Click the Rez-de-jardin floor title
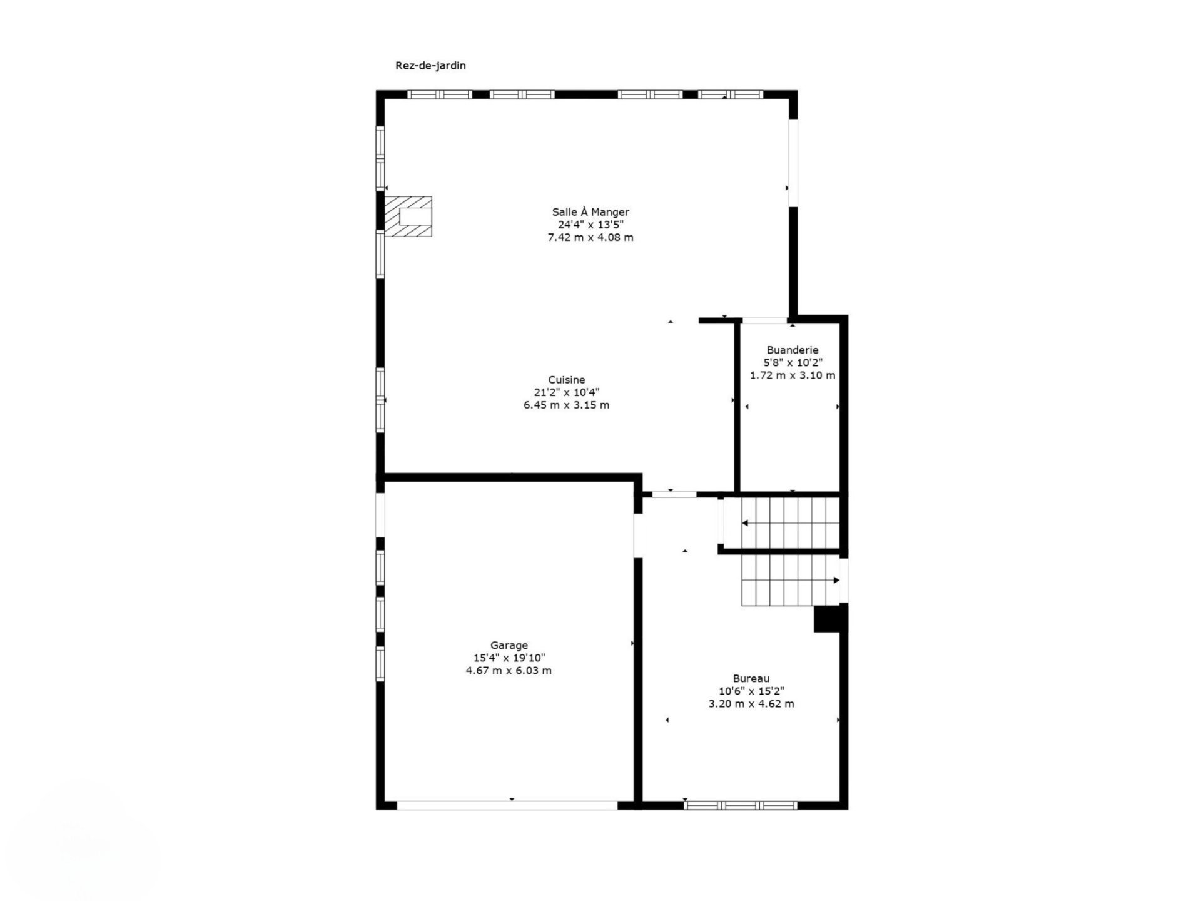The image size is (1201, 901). coord(430,66)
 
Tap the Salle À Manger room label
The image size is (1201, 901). coord(590,212)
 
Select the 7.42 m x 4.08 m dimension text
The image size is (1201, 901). coord(590,237)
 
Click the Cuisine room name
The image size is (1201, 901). coord(567,380)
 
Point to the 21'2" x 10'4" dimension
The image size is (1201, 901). coord(567,392)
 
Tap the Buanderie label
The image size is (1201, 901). coord(793,350)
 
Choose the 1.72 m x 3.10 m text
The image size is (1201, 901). coord(793,375)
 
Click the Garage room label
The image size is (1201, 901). coord(509,645)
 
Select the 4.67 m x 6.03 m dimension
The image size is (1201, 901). coord(509,671)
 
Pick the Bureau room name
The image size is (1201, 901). coord(751,678)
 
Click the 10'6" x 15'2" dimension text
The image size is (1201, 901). coord(751,691)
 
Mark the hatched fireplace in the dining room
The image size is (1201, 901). coord(408,216)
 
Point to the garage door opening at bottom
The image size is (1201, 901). coord(507,805)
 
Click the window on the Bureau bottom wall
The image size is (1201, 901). coord(740,805)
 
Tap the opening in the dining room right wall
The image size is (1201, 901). coord(793,163)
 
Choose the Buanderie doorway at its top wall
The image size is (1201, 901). coord(764,320)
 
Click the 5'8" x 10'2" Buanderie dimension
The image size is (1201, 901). coord(793,363)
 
